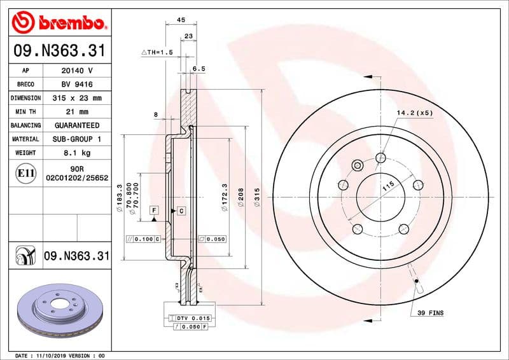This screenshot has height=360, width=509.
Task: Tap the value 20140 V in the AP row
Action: [x=76, y=71]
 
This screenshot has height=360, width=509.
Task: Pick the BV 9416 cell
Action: [x=76, y=85]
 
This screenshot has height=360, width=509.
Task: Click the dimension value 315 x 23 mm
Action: [x=76, y=98]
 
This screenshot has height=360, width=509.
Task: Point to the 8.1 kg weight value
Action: [x=76, y=153]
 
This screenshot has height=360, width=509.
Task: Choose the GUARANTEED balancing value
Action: [x=76, y=125]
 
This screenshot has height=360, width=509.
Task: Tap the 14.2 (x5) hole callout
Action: [x=414, y=113]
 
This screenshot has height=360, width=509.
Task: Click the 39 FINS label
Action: [x=431, y=313]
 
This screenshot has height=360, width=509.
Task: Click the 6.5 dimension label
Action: [x=199, y=68]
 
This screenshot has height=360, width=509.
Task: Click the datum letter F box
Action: [x=154, y=210]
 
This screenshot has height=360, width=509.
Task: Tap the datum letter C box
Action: [x=181, y=210]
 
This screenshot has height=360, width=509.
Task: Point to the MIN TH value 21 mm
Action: [x=76, y=112]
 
